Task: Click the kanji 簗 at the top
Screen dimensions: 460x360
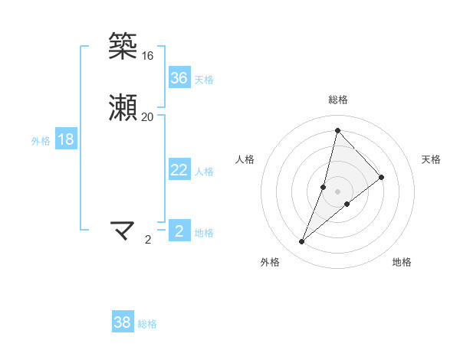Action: pyautogui.click(x=123, y=47)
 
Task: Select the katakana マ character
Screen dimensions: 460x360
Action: pyautogui.click(x=123, y=229)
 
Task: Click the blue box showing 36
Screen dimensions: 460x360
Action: pyautogui.click(x=179, y=77)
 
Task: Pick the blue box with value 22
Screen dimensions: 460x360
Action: pyautogui.click(x=179, y=170)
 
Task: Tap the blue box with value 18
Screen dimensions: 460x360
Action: pyautogui.click(x=65, y=139)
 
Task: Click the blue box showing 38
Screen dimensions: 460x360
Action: pyautogui.click(x=123, y=322)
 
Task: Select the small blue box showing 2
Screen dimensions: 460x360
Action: pyautogui.click(x=179, y=231)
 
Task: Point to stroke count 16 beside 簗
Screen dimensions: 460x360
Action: pyautogui.click(x=147, y=56)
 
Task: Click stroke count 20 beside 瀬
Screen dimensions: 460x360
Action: pyautogui.click(x=147, y=116)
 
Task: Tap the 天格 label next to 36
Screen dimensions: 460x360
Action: pyautogui.click(x=204, y=79)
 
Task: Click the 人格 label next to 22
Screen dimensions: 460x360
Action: pyautogui.click(x=204, y=172)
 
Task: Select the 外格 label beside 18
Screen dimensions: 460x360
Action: pyautogui.click(x=41, y=141)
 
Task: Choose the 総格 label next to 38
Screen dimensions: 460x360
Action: pyautogui.click(x=147, y=324)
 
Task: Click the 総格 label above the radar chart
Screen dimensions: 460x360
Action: pyautogui.click(x=337, y=100)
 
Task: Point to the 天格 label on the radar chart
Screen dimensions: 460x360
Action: pyautogui.click(x=432, y=159)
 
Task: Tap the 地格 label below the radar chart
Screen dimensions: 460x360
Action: pyautogui.click(x=402, y=262)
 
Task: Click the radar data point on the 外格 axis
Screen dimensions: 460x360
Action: pyautogui.click(x=302, y=242)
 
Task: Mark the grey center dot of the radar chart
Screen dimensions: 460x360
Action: pyautogui.click(x=337, y=191)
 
